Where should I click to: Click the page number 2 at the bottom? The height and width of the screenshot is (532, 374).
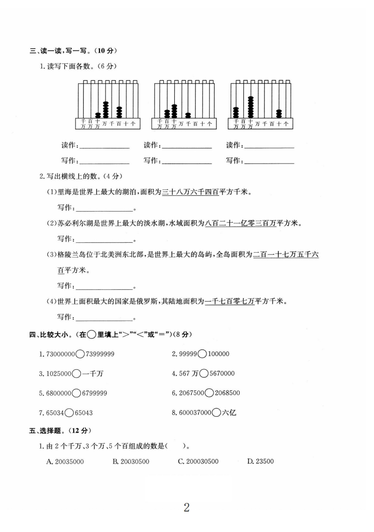pyautogui.click(x=187, y=507)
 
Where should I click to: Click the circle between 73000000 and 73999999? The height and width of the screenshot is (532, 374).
pyautogui.click(x=80, y=354)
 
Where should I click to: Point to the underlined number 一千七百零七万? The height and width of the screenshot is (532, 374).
pyautogui.click(x=230, y=301)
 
